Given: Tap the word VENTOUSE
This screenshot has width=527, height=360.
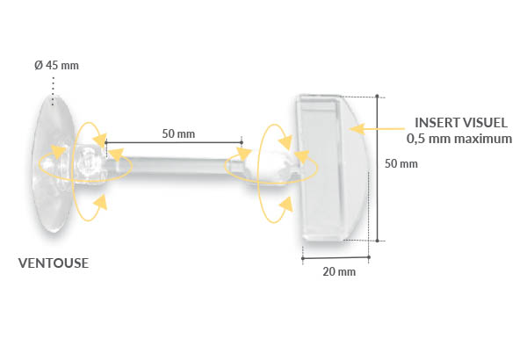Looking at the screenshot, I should (x=54, y=263).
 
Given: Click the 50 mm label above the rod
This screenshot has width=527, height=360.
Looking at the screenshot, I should (x=178, y=134).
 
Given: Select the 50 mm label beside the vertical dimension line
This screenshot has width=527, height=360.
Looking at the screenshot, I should (x=401, y=163).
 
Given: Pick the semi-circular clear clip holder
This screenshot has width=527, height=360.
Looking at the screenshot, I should (x=329, y=167).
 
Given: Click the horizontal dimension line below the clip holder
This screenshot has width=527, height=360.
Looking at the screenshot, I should (x=334, y=258).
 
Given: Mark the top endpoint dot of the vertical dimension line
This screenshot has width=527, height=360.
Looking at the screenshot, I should (x=378, y=96).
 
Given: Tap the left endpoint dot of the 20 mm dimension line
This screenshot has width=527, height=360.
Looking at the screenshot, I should (x=303, y=258).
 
